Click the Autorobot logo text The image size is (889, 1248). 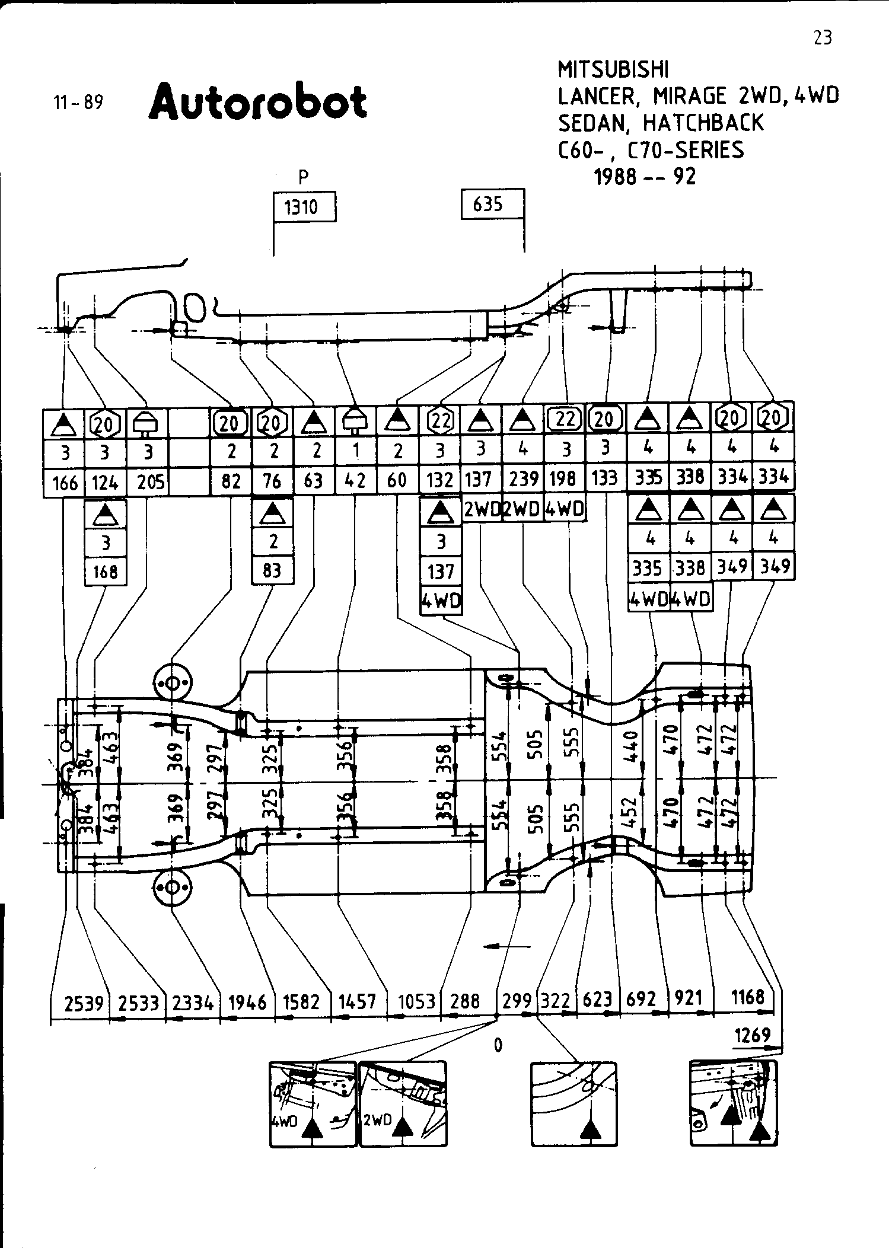pyautogui.click(x=258, y=101)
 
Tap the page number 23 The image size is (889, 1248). pyautogui.click(x=823, y=38)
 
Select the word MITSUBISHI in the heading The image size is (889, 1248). pyautogui.click(x=613, y=70)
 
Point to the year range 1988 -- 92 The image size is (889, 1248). pyautogui.click(x=645, y=176)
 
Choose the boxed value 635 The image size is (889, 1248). pyautogui.click(x=488, y=205)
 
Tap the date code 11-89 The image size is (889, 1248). pyautogui.click(x=78, y=103)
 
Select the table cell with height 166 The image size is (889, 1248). pyautogui.click(x=65, y=483)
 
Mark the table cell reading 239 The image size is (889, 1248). pyautogui.click(x=522, y=478)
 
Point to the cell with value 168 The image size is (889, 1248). pyautogui.click(x=106, y=572)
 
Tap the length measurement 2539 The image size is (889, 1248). pyautogui.click(x=84, y=1003)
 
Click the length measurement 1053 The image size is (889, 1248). pyautogui.click(x=416, y=1002)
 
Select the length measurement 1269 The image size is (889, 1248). pyautogui.click(x=752, y=1035)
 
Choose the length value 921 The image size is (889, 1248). pyautogui.click(x=688, y=998)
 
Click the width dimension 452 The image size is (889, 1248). pyautogui.click(x=630, y=812)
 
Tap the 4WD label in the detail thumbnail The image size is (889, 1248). pyautogui.click(x=283, y=1121)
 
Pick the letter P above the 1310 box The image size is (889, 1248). pyautogui.click(x=304, y=176)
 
